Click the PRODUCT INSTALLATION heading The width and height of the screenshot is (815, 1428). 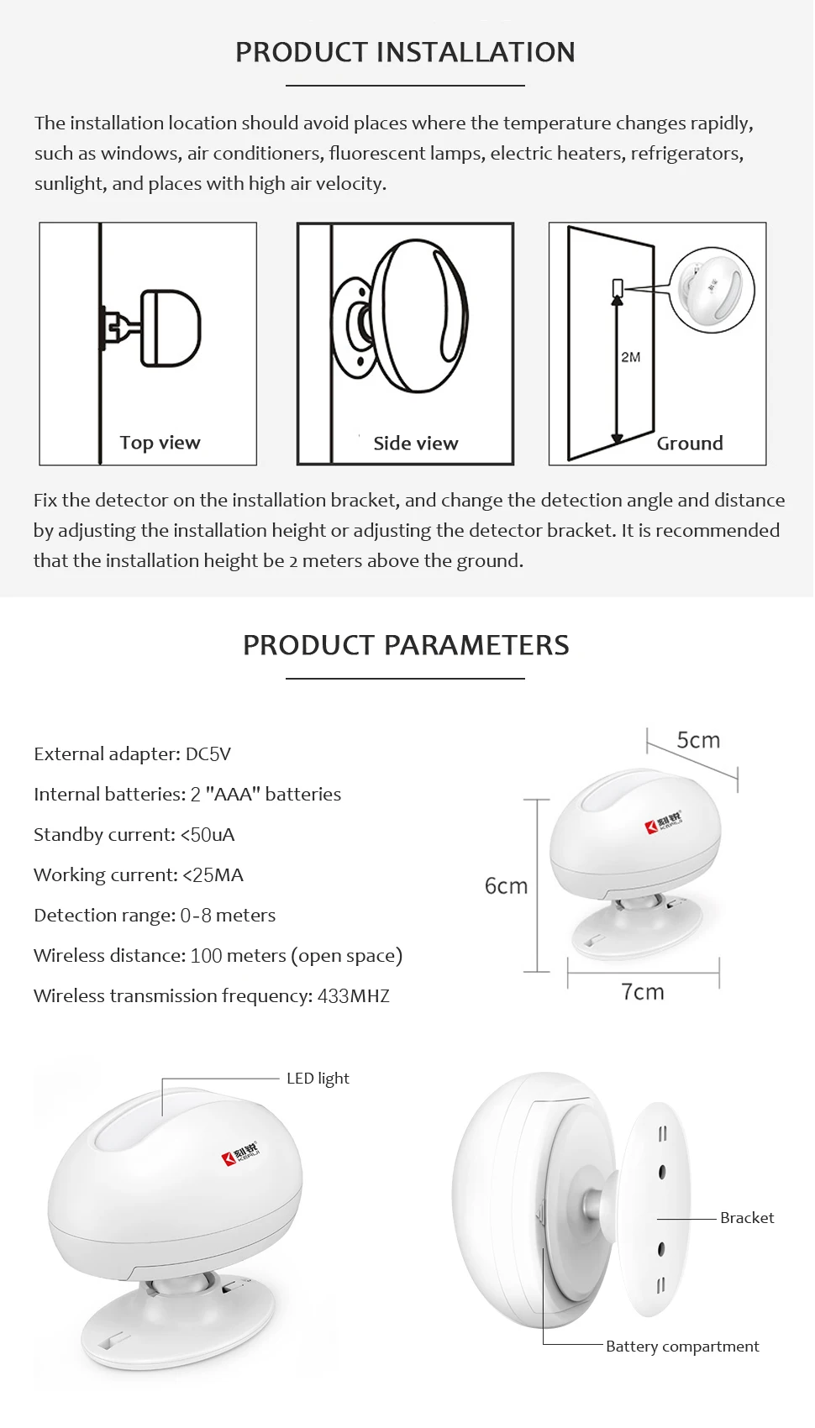pyautogui.click(x=405, y=52)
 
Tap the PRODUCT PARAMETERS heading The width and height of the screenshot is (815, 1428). pyautogui.click(x=406, y=645)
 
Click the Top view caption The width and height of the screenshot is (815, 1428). pyautogui.click(x=160, y=443)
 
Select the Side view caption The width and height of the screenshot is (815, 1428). pyautogui.click(x=416, y=444)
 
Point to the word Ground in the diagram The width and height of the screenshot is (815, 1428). pyautogui.click(x=690, y=444)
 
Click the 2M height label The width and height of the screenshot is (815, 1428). pyautogui.click(x=631, y=357)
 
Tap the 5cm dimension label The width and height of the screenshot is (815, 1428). pyautogui.click(x=698, y=740)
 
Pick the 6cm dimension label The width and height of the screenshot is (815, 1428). pyautogui.click(x=506, y=886)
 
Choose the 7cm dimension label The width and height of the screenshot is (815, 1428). pyautogui.click(x=643, y=992)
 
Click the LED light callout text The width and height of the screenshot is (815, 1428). pyautogui.click(x=318, y=1079)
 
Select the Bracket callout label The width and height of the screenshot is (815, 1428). pyautogui.click(x=747, y=1218)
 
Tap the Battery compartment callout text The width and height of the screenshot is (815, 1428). pyautogui.click(x=682, y=1347)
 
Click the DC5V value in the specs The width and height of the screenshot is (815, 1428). pyautogui.click(x=208, y=754)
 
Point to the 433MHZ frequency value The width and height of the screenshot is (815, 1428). pyautogui.click(x=354, y=996)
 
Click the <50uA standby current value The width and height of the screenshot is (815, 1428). pyautogui.click(x=208, y=835)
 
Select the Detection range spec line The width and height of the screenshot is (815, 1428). pyautogui.click(x=155, y=916)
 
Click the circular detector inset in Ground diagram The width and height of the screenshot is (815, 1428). pyautogui.click(x=712, y=289)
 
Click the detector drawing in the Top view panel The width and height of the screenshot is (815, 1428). pyautogui.click(x=168, y=328)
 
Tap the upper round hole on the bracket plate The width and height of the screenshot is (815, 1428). pyautogui.click(x=662, y=1171)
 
